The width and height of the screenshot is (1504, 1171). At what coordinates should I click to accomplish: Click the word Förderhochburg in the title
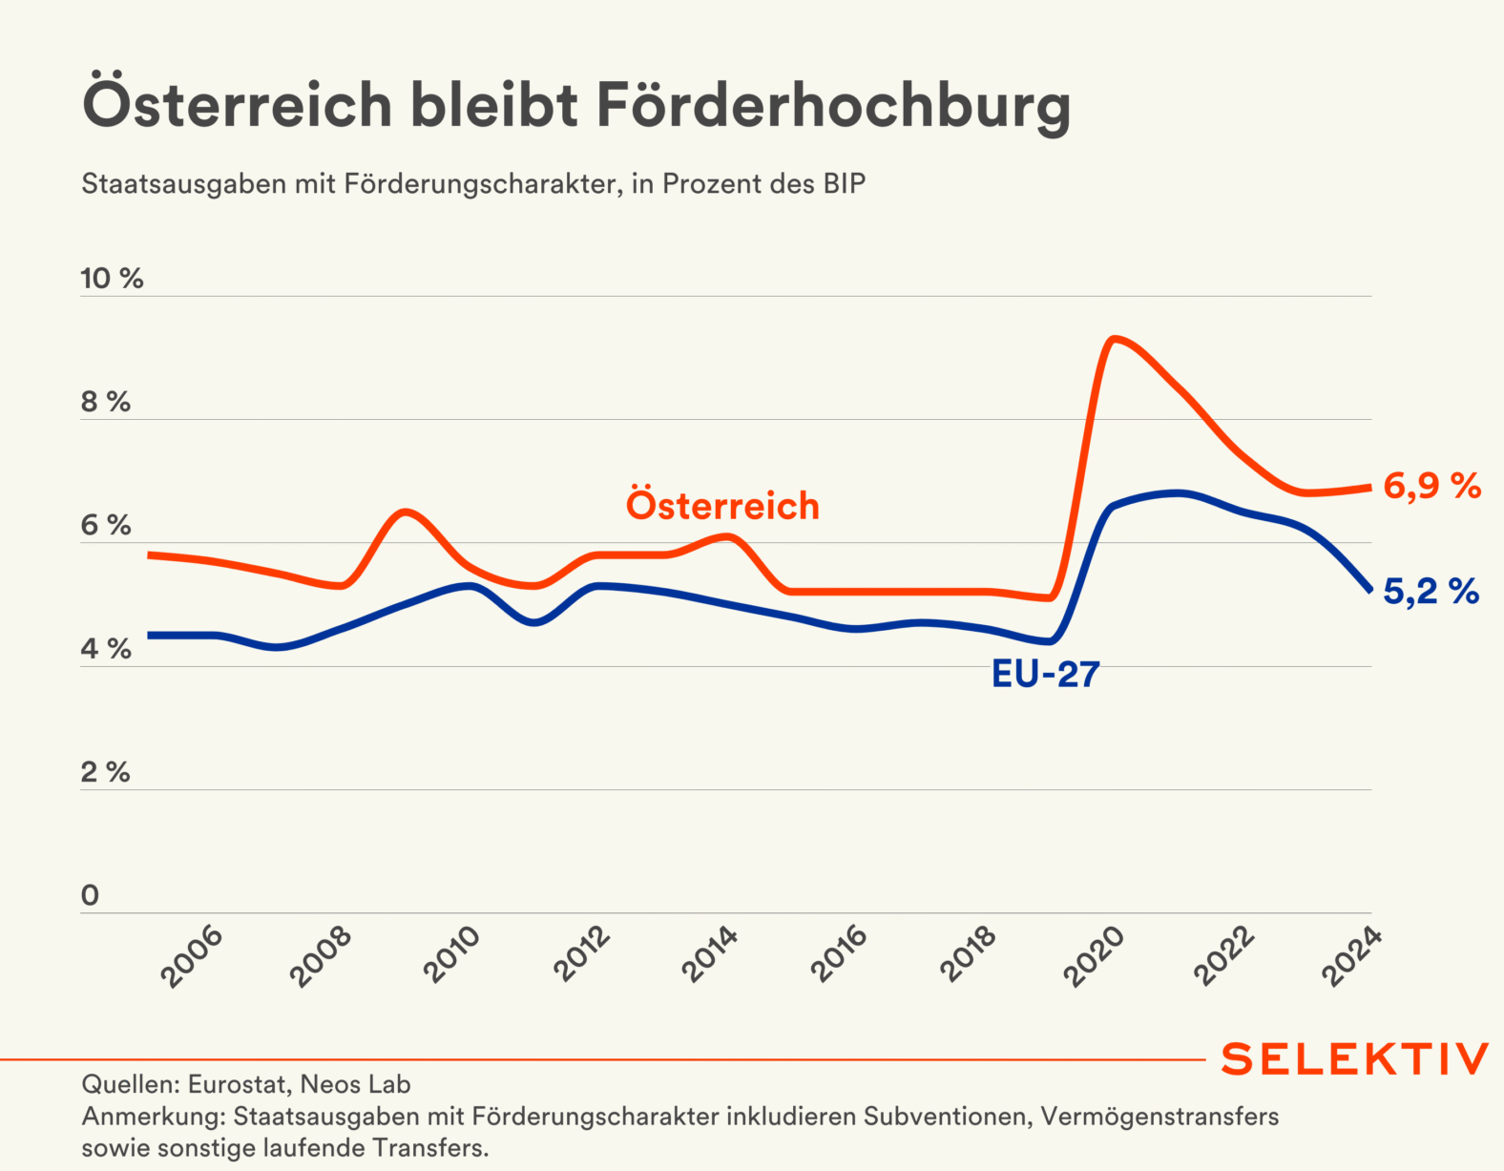click(833, 105)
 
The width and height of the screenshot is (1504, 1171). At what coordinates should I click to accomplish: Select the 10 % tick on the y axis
click(112, 279)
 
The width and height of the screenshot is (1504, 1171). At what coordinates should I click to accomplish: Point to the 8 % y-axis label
click(105, 402)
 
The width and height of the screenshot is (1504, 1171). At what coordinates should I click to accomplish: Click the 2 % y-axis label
click(105, 772)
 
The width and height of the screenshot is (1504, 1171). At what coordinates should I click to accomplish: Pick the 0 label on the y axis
click(91, 895)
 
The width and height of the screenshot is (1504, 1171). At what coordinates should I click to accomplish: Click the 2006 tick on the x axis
click(192, 956)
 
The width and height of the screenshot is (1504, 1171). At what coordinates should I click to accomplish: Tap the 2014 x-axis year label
click(710, 956)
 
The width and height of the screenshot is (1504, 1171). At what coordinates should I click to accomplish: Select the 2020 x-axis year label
click(1095, 956)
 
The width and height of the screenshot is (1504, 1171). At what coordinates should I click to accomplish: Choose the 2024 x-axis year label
click(1352, 956)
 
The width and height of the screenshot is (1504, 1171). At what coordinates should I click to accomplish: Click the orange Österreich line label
click(722, 506)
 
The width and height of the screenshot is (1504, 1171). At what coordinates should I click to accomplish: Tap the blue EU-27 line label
click(1046, 675)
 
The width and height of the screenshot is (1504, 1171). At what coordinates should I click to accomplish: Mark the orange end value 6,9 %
click(1431, 487)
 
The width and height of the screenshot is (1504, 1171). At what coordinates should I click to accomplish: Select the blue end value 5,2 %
click(1431, 592)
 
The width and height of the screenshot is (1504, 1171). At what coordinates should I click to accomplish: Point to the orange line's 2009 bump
click(406, 512)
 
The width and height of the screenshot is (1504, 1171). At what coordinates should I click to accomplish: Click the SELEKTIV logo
click(1354, 1059)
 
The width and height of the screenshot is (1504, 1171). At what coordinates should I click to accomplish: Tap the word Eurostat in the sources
click(237, 1085)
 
